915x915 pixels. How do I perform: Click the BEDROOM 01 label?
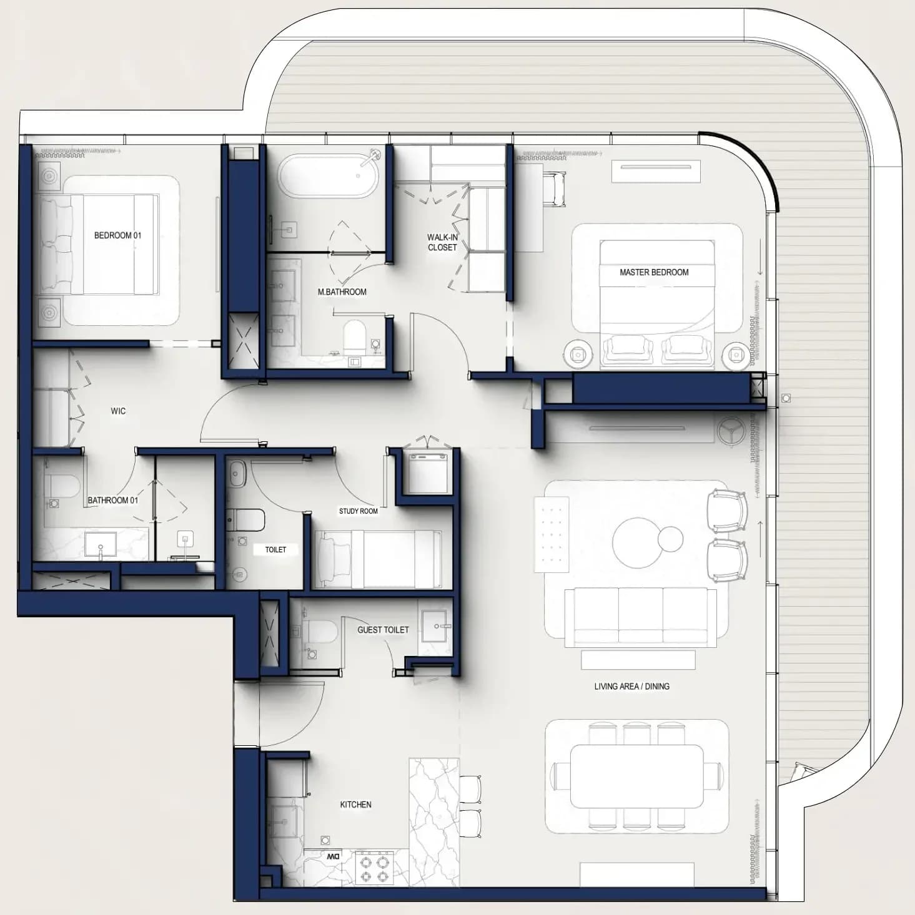click(117, 235)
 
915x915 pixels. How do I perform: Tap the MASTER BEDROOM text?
click(654, 272)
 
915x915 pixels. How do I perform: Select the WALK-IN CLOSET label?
click(442, 242)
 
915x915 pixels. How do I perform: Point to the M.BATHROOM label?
click(342, 292)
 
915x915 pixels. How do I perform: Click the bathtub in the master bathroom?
click(329, 176)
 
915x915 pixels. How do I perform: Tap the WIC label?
click(118, 411)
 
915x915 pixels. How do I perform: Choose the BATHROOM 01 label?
click(112, 501)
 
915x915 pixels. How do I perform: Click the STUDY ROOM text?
click(359, 511)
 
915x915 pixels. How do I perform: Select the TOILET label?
click(275, 549)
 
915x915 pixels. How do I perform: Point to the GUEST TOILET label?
click(383, 630)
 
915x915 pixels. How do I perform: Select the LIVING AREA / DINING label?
click(631, 686)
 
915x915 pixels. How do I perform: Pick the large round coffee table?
click(638, 542)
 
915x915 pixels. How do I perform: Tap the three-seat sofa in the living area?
click(640, 617)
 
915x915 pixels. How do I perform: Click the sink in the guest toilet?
click(434, 626)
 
